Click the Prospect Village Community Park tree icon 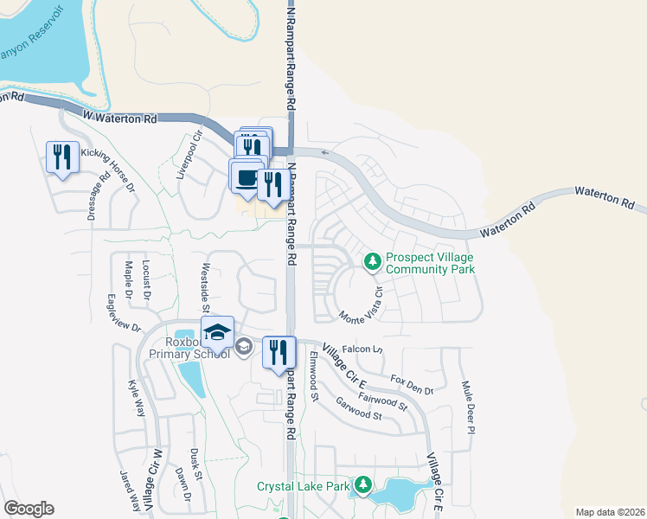(x=373, y=259)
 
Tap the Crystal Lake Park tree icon (x=364, y=485)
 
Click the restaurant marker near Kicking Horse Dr (x=62, y=157)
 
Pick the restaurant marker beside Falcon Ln (x=279, y=353)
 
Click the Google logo (x=29, y=509)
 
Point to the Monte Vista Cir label (x=367, y=304)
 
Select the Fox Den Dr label (x=412, y=384)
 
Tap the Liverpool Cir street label (x=189, y=155)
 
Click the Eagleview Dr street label (x=123, y=314)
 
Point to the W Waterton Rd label (x=120, y=117)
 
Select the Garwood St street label (x=359, y=409)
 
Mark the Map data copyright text (x=609, y=511)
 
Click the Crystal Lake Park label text (x=303, y=486)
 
